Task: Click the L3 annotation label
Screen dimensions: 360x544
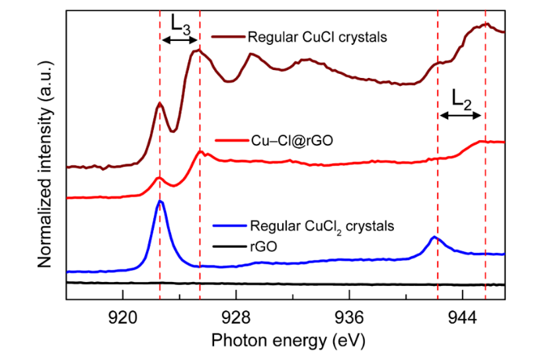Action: (180, 24)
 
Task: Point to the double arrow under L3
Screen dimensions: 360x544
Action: (180, 40)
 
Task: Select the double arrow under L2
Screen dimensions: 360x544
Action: (461, 116)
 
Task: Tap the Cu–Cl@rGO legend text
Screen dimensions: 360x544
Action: (286, 141)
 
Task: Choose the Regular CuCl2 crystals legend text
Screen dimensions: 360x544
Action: (322, 227)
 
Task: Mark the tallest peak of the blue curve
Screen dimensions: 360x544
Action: (160, 201)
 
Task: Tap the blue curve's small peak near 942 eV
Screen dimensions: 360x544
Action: (434, 237)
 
